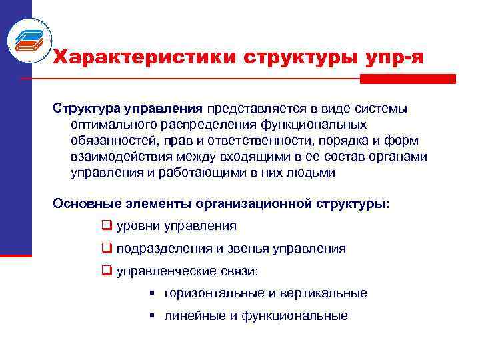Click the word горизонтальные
[213, 293]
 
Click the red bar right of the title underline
[407, 79]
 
